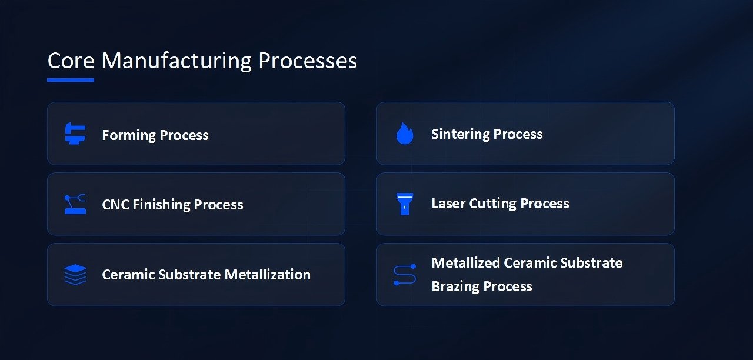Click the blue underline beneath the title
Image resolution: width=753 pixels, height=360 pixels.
point(71,79)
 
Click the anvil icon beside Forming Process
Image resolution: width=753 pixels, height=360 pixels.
point(75,134)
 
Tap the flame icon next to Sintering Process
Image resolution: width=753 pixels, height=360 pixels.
point(405,134)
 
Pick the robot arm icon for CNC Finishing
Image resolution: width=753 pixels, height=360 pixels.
point(75,204)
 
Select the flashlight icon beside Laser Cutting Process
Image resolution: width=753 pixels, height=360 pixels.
point(405,204)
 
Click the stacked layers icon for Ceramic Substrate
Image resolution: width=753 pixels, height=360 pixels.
point(75,274)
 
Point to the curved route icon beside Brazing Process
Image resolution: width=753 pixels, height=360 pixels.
point(405,275)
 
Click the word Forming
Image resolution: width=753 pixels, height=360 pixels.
point(127,135)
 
